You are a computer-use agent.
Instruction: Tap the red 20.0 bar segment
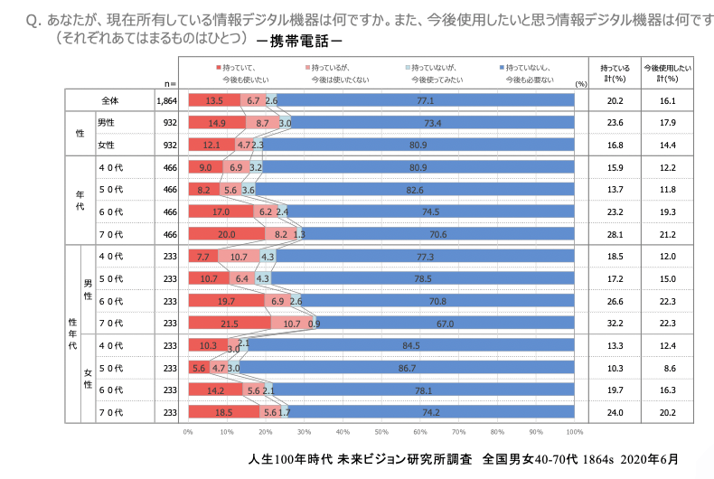click(226, 233)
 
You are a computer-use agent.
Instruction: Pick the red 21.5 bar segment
click(230, 324)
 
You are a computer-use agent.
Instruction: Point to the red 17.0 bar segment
click(221, 211)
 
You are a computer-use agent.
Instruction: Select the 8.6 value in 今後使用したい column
click(669, 368)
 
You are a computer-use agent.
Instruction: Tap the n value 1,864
click(166, 100)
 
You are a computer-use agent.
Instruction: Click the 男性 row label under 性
click(106, 123)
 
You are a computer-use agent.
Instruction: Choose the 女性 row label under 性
click(106, 145)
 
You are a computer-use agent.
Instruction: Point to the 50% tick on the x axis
click(381, 431)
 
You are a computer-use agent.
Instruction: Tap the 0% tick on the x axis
click(188, 431)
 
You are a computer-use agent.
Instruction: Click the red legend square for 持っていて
click(219, 68)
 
